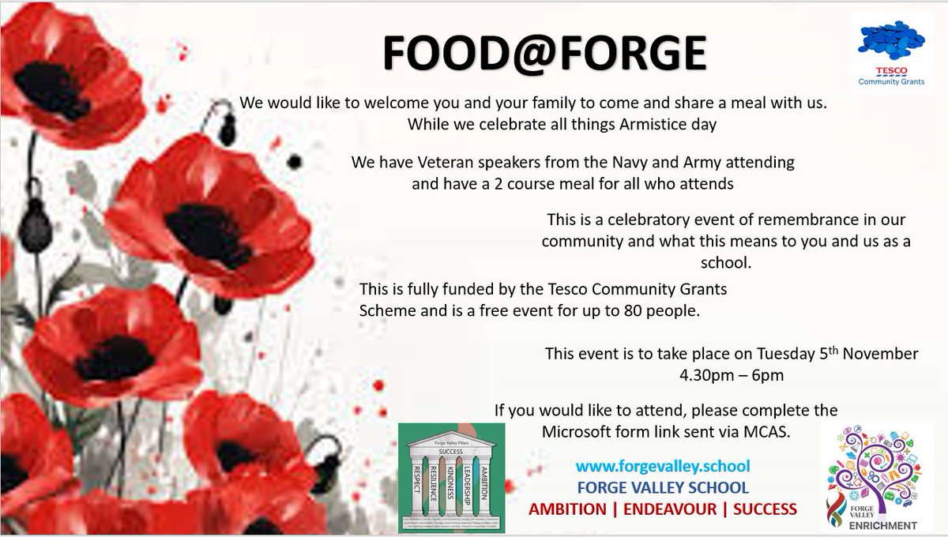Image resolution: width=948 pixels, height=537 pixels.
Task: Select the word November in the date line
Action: click(876, 353)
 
